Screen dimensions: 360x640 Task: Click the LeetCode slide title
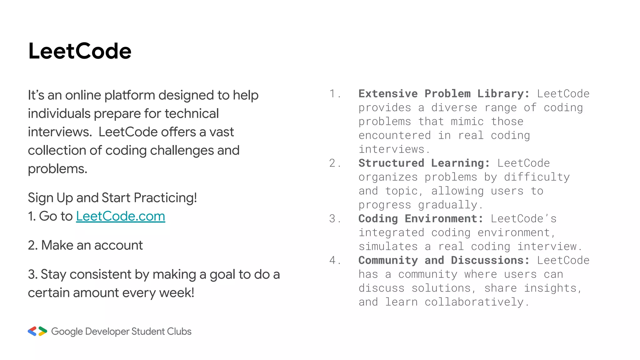pyautogui.click(x=80, y=51)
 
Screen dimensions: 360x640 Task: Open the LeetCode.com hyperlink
pyautogui.click(x=120, y=216)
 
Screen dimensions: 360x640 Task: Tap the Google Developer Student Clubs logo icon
pyautogui.click(x=37, y=331)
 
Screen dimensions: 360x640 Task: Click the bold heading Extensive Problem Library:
pyautogui.click(x=444, y=94)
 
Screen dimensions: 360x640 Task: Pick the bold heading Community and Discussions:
pyautogui.click(x=444, y=260)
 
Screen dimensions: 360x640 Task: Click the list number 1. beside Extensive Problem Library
pyautogui.click(x=335, y=94)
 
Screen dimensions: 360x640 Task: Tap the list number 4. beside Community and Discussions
pyautogui.click(x=335, y=260)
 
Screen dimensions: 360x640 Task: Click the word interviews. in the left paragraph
pyautogui.click(x=60, y=132)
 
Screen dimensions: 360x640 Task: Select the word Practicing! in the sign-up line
pyautogui.click(x=165, y=198)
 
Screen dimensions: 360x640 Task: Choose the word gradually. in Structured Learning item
pyautogui.click(x=451, y=205)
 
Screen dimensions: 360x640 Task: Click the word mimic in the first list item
pyautogui.click(x=467, y=122)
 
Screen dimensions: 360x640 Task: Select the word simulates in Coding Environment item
pyautogui.click(x=388, y=247)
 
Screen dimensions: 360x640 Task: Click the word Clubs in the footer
pyautogui.click(x=179, y=331)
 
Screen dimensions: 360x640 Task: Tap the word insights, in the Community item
pyautogui.click(x=553, y=288)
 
